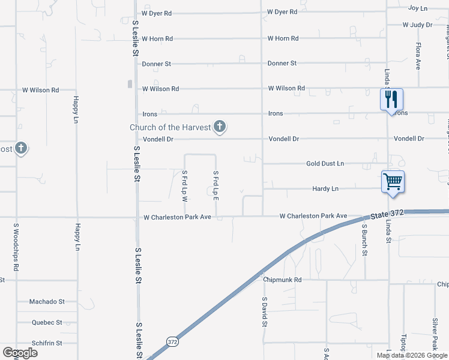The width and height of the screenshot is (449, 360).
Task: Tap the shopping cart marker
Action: pyautogui.click(x=393, y=181)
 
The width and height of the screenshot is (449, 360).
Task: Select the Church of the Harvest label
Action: pyautogui.click(x=170, y=127)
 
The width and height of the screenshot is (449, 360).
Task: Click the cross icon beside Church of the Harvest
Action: pyautogui.click(x=220, y=127)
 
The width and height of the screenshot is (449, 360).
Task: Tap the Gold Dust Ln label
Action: pyautogui.click(x=325, y=163)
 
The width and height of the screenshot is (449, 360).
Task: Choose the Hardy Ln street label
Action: pyautogui.click(x=325, y=188)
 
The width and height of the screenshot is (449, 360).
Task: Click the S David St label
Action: pyautogui.click(x=264, y=311)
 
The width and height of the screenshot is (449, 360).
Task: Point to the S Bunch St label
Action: pyautogui.click(x=364, y=239)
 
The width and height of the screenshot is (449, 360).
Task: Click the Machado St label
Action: pyautogui.click(x=47, y=302)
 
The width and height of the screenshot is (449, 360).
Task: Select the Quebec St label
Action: pyautogui.click(x=47, y=322)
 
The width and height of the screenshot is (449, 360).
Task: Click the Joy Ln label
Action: pyautogui.click(x=417, y=8)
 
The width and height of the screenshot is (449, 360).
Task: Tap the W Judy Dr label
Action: pyautogui.click(x=418, y=25)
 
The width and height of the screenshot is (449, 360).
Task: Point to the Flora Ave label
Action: pyautogui.click(x=418, y=56)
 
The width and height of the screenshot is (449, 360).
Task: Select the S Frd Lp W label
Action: pyautogui.click(x=185, y=185)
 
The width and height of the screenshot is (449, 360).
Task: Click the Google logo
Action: pyautogui.click(x=20, y=352)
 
